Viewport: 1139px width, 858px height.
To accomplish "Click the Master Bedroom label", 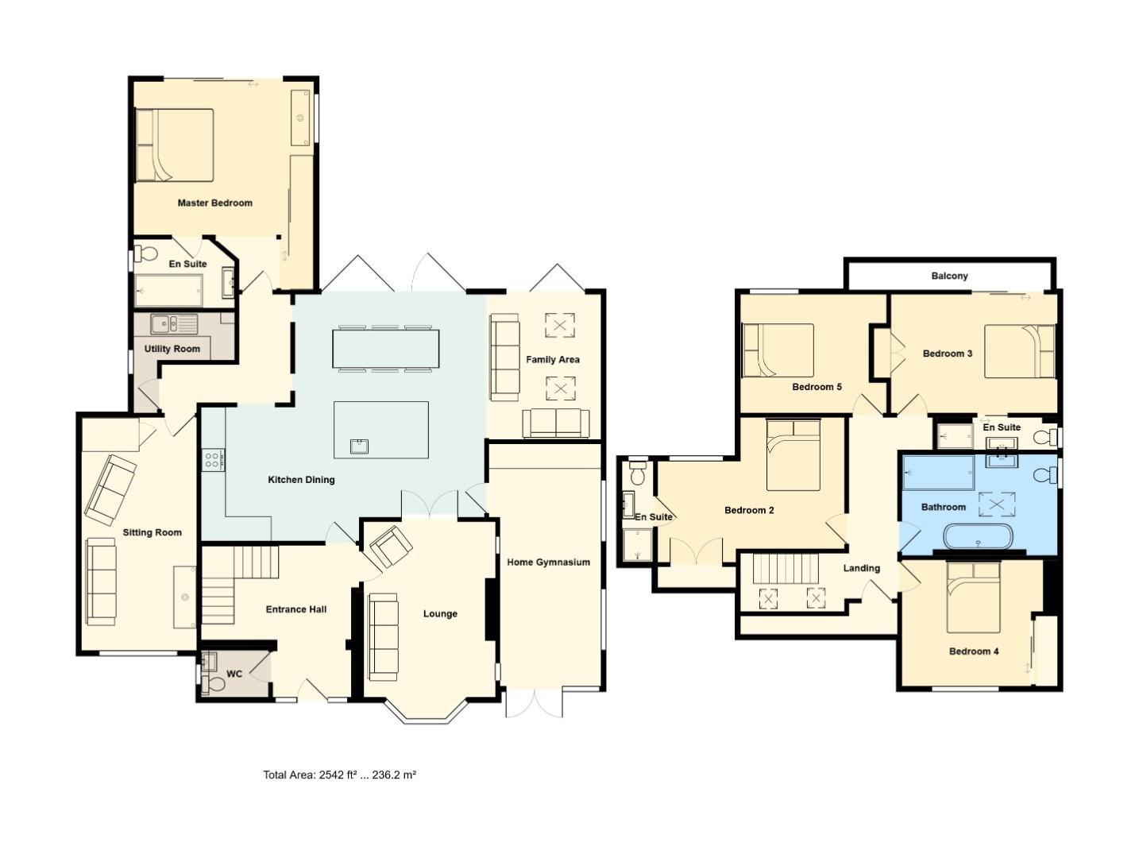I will [x=214, y=203].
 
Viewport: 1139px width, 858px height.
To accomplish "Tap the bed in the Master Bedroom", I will [x=175, y=145].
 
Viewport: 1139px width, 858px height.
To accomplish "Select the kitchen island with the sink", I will [x=380, y=429].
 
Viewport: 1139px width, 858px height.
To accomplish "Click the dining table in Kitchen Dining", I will [x=385, y=349].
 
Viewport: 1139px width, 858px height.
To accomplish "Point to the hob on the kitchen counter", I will [x=214, y=460].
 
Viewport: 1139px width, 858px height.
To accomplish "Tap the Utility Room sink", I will [x=165, y=323].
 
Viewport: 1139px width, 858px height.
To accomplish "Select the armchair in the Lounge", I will [x=390, y=547].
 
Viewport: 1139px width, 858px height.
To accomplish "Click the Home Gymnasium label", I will [x=548, y=562].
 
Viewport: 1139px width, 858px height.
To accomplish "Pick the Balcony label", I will [x=949, y=276].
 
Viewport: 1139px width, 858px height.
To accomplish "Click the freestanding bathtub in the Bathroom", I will [x=978, y=537].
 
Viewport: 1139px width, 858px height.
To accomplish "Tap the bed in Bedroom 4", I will [x=973, y=597].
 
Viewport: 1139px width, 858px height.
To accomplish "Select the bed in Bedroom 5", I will [x=778, y=350].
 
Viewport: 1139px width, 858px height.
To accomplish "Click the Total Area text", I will [x=339, y=775].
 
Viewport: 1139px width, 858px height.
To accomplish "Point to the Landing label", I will [x=861, y=568].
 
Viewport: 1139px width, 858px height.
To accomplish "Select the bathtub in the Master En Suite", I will [x=168, y=291].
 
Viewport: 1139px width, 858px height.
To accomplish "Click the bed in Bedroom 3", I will [x=1020, y=351].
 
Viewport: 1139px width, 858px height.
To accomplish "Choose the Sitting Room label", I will [x=152, y=532].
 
